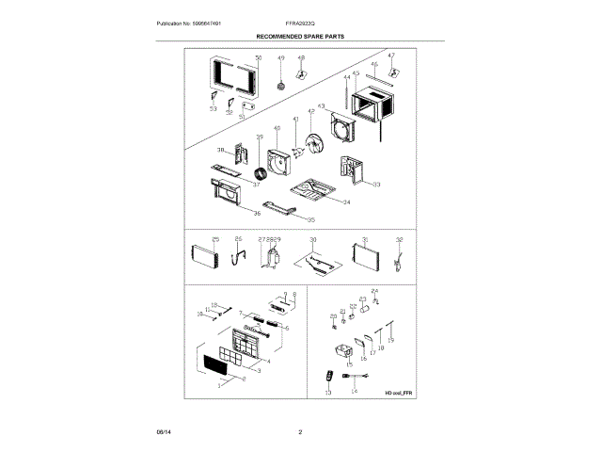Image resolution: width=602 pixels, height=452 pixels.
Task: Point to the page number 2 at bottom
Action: coord(300,432)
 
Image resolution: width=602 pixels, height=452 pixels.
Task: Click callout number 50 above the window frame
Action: coord(259,58)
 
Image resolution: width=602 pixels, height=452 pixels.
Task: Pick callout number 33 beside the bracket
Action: coord(376,185)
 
